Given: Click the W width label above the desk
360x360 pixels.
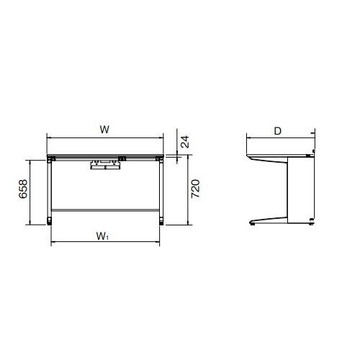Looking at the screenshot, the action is (x=104, y=130).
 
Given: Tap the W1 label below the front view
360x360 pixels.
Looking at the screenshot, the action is (x=102, y=236).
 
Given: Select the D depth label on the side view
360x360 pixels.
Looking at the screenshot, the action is (x=278, y=131).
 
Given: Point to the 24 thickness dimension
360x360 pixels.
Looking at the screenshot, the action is (x=185, y=142).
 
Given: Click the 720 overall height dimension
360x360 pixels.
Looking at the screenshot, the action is (x=195, y=189).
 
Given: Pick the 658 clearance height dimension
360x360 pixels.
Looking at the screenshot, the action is (x=23, y=189).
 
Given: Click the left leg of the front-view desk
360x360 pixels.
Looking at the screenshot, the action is (x=50, y=189).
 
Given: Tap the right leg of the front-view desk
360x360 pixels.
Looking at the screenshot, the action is (x=161, y=189).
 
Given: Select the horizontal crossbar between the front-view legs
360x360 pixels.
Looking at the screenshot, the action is (x=105, y=210).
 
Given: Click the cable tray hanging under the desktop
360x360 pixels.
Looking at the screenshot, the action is (x=105, y=165).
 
